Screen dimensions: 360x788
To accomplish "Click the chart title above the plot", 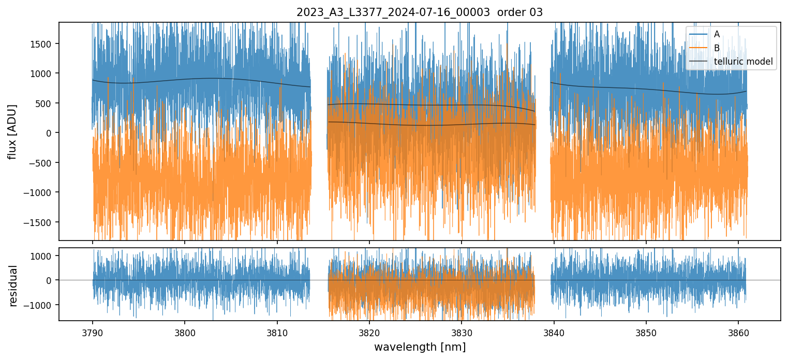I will [420, 12].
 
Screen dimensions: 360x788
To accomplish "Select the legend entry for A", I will [717, 34].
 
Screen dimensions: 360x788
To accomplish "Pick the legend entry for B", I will [717, 48].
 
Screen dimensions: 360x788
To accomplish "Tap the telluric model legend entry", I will [743, 62].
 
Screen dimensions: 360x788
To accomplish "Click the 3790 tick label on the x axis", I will [93, 332].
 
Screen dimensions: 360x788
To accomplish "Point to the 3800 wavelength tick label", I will [185, 332].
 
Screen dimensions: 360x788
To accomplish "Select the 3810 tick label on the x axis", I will [277, 332].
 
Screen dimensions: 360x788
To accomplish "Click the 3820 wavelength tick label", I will [369, 332].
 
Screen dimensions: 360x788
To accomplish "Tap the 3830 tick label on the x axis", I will [462, 332].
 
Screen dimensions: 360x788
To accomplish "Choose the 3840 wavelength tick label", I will [554, 332].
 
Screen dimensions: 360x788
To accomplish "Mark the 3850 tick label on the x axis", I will [646, 332].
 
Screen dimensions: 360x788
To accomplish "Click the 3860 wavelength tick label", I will [738, 332].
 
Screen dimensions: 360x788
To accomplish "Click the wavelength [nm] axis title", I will [420, 347].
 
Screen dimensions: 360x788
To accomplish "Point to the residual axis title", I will [13, 285].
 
